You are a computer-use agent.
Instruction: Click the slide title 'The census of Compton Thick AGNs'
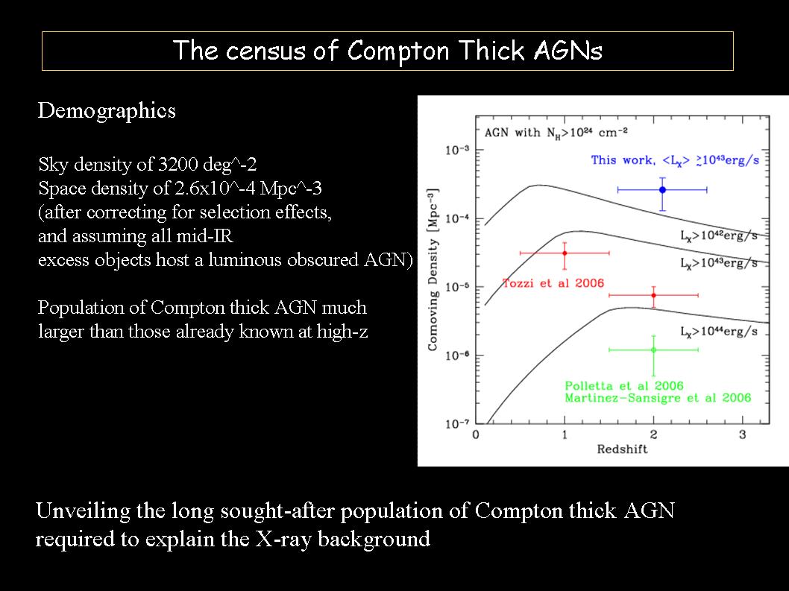[x=388, y=51]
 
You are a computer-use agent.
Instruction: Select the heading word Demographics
[x=107, y=110]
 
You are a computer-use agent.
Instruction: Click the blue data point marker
[x=662, y=189]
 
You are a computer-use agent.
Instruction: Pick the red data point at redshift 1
[x=565, y=253]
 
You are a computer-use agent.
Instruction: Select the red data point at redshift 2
[x=653, y=295]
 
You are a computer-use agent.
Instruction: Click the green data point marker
[x=653, y=350]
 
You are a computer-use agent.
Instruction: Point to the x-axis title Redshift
[x=622, y=449]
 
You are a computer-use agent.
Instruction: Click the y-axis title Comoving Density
[x=433, y=270]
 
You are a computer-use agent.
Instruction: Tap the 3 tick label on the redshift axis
[x=742, y=434]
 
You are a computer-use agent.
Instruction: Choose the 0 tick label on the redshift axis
[x=476, y=434]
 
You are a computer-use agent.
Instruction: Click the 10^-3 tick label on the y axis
[x=457, y=149]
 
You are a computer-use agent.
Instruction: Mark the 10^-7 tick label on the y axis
[x=457, y=423]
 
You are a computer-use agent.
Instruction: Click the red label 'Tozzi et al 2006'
[x=553, y=283]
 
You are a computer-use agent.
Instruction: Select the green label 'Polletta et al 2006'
[x=624, y=386]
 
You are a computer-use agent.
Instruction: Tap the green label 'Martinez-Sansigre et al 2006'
[x=658, y=398]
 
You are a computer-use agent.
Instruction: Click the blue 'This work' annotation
[x=675, y=160]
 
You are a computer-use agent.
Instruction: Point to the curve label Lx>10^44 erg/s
[x=719, y=332]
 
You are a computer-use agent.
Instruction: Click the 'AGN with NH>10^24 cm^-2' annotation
[x=556, y=133]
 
